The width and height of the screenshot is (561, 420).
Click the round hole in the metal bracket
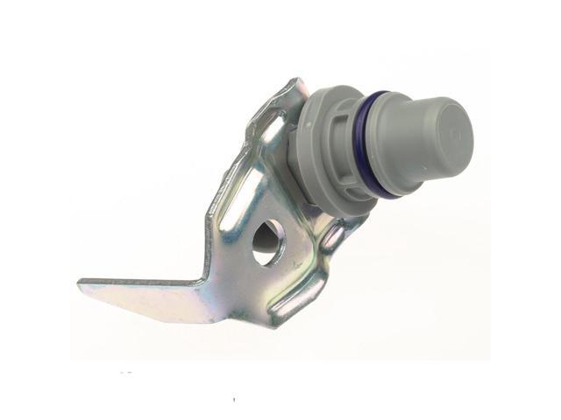267,241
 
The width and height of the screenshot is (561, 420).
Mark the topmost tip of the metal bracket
298,80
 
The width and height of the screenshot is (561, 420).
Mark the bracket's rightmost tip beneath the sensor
363,219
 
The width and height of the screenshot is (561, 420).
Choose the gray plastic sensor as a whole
386,144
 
